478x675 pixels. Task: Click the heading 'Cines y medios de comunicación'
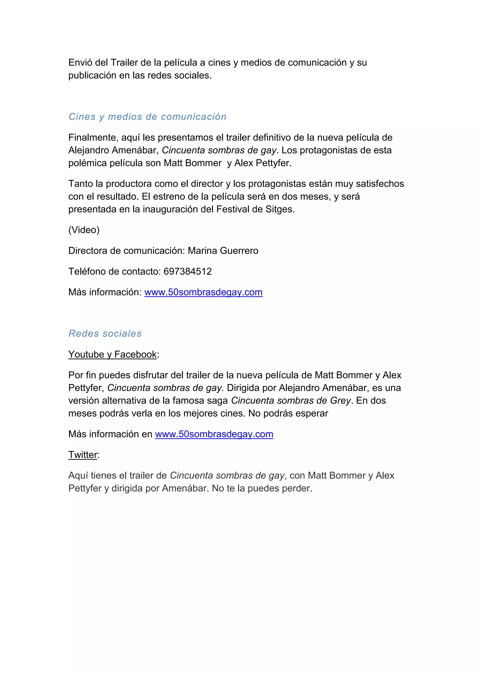(148, 117)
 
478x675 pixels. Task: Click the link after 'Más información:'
(203, 292)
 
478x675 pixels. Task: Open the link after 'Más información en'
(214, 434)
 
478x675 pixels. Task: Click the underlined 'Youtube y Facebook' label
(112, 355)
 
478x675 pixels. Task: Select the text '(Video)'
(84, 230)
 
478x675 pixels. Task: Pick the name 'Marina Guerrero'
(223, 251)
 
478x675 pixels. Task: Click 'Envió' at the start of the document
(80, 63)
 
